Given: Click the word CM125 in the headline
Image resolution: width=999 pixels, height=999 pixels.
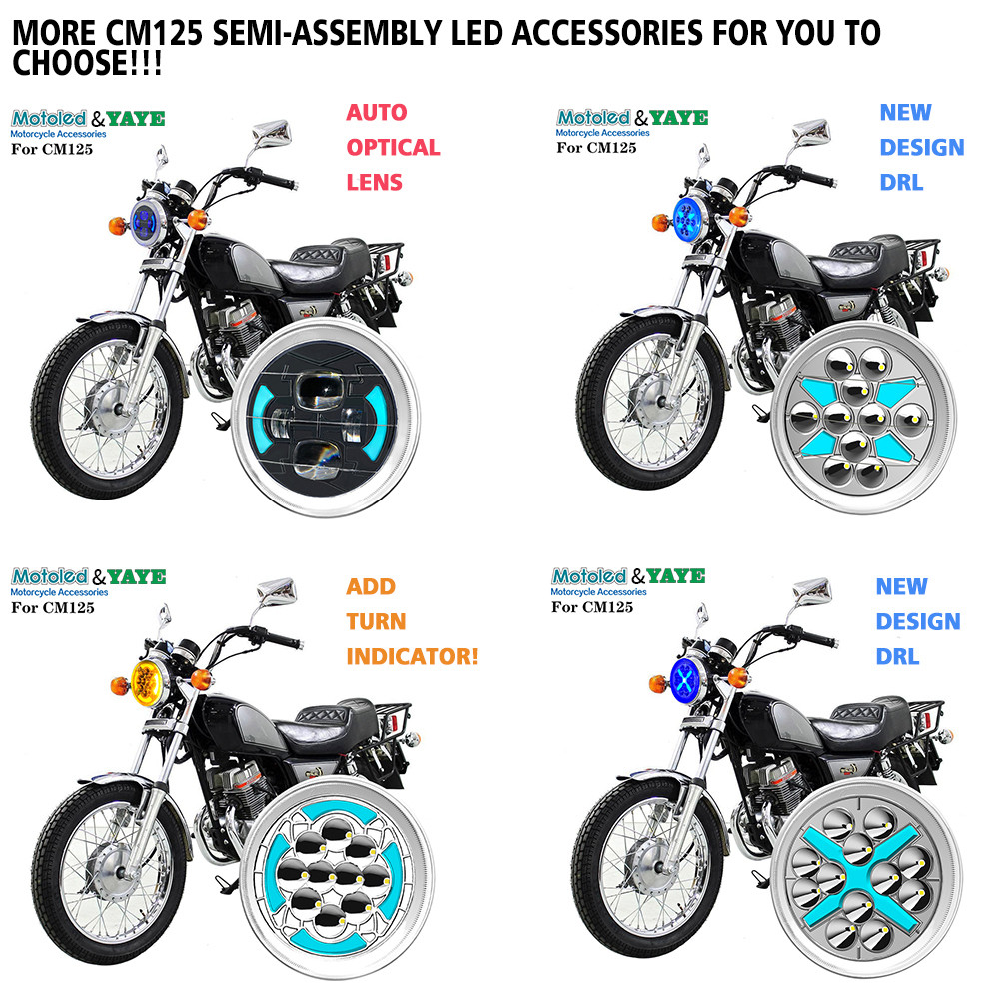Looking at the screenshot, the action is click(x=154, y=33).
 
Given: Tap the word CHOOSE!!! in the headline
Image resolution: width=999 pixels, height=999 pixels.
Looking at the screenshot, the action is click(x=87, y=63).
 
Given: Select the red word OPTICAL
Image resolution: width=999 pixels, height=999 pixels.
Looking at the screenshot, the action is click(x=393, y=147).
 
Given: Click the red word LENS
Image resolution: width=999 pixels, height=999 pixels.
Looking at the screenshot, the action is click(x=374, y=182).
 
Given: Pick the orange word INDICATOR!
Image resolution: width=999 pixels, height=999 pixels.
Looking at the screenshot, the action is click(x=412, y=657).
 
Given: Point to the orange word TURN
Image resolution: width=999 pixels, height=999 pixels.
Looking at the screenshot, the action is click(x=376, y=621).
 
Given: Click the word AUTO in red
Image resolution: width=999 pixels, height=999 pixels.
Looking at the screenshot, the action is click(x=377, y=113).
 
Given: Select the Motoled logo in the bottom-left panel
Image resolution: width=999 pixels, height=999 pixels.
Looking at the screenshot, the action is click(x=49, y=576).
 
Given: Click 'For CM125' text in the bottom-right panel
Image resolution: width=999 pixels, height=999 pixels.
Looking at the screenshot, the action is click(x=592, y=607).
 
